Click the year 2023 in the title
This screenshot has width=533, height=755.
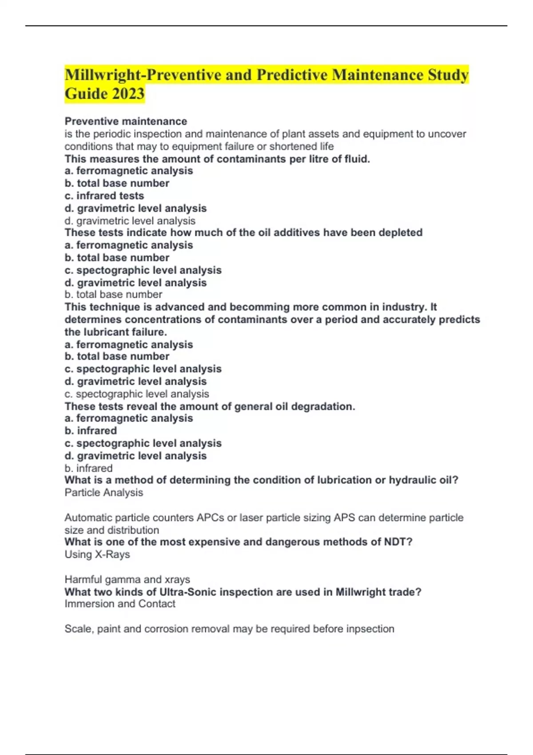click(x=128, y=94)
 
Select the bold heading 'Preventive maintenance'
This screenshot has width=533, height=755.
click(x=126, y=121)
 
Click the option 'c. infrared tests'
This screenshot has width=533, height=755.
click(x=104, y=196)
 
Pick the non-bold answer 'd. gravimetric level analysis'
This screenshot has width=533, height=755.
click(x=130, y=221)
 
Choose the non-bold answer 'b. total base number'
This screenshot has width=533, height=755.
click(x=113, y=294)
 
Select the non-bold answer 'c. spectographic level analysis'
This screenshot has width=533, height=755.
click(x=137, y=394)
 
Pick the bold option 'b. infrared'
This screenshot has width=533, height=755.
click(x=91, y=431)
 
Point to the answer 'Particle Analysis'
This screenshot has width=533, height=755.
click(x=104, y=493)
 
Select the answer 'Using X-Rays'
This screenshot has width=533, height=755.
click(x=97, y=555)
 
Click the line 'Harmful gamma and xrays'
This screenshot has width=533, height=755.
click(x=127, y=580)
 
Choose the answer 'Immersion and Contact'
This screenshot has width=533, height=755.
click(x=120, y=604)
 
